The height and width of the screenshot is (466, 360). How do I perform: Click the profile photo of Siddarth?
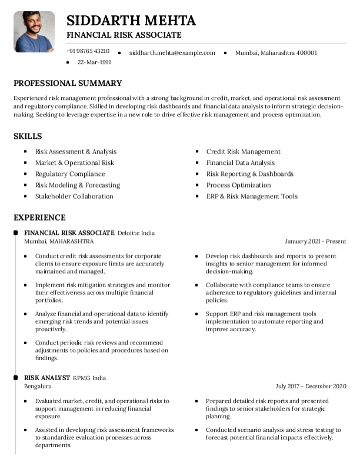(34, 32)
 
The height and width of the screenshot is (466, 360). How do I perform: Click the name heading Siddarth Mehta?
(131, 21)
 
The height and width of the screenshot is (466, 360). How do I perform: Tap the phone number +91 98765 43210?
(88, 51)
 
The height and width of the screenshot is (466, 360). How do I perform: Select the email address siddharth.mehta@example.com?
(172, 52)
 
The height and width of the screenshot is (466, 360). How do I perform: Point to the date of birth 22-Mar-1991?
(94, 62)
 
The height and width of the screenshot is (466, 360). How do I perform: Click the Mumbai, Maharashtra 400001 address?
(276, 52)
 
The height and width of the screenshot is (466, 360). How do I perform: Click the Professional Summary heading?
(68, 83)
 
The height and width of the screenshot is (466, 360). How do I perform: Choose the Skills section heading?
(28, 136)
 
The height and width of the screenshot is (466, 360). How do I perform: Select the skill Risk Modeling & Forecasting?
(77, 185)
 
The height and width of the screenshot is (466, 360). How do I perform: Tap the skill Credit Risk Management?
(243, 151)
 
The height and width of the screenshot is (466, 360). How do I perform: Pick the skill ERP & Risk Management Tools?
(252, 196)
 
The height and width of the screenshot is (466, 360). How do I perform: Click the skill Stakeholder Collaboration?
(74, 196)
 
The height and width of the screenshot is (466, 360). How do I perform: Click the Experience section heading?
(39, 217)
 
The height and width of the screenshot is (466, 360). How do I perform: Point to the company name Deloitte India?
(136, 233)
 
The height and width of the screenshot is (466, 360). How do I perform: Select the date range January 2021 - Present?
(315, 241)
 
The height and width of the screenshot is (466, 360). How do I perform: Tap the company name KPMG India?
(89, 378)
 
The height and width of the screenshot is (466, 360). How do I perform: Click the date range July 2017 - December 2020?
(311, 386)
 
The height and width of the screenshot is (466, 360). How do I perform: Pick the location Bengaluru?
(38, 386)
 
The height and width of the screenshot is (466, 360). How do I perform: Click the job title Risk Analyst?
(46, 378)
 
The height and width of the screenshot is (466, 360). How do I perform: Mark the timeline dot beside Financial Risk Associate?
(15, 233)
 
